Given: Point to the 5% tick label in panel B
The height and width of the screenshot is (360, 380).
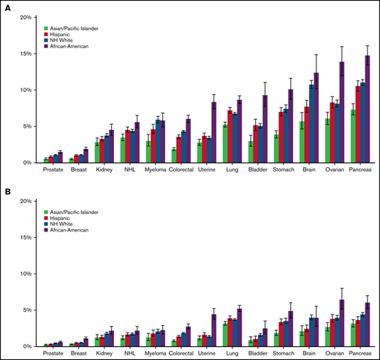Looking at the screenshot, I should (27, 310).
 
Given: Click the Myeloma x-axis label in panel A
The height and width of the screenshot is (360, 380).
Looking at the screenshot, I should (155, 172).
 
